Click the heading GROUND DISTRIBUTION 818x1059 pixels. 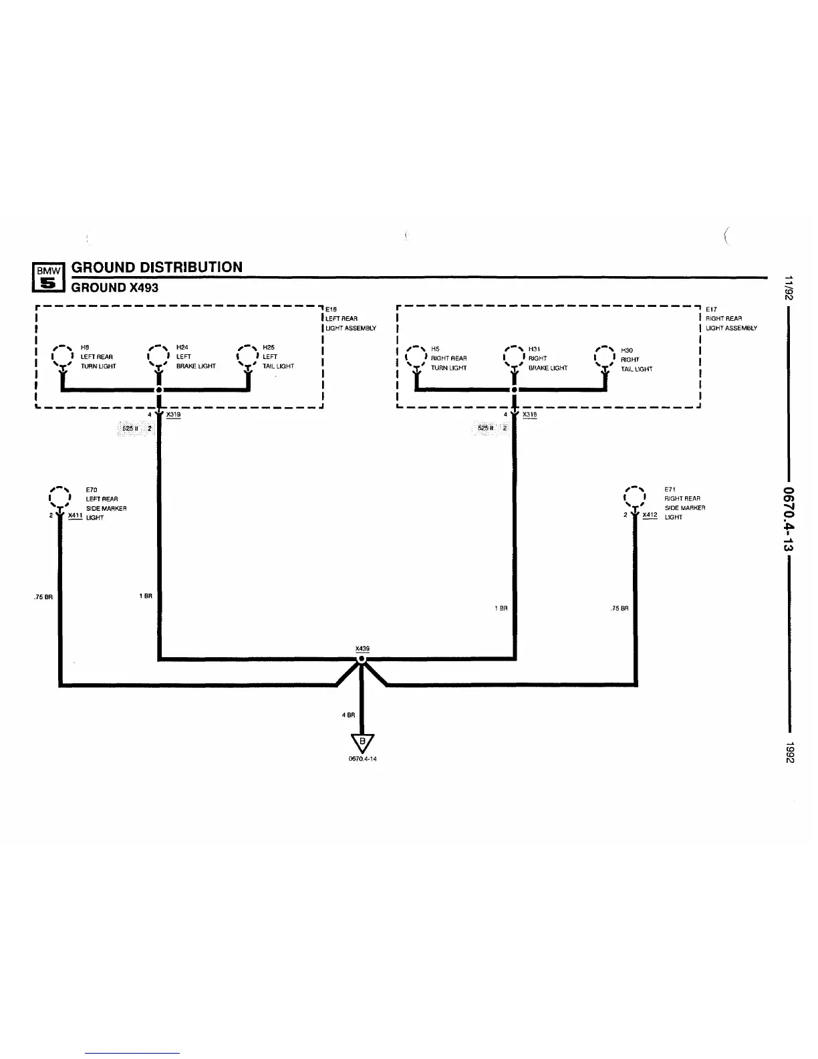157,267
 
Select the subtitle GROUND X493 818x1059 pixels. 115,287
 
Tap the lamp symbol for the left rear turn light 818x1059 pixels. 61,357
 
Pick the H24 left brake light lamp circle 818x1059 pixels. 158,357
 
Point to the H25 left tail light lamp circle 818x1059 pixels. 248,357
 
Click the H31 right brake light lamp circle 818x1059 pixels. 513,358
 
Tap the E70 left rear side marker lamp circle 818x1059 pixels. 59,497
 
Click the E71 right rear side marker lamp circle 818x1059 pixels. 634,497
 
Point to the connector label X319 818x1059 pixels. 173,415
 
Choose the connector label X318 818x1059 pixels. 529,415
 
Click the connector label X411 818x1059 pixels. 75,515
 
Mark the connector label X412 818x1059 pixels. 650,515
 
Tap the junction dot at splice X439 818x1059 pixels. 362,659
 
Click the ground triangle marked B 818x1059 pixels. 362,743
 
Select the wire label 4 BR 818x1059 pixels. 348,715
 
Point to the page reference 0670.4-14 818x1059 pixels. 362,759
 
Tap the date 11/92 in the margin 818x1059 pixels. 789,289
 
